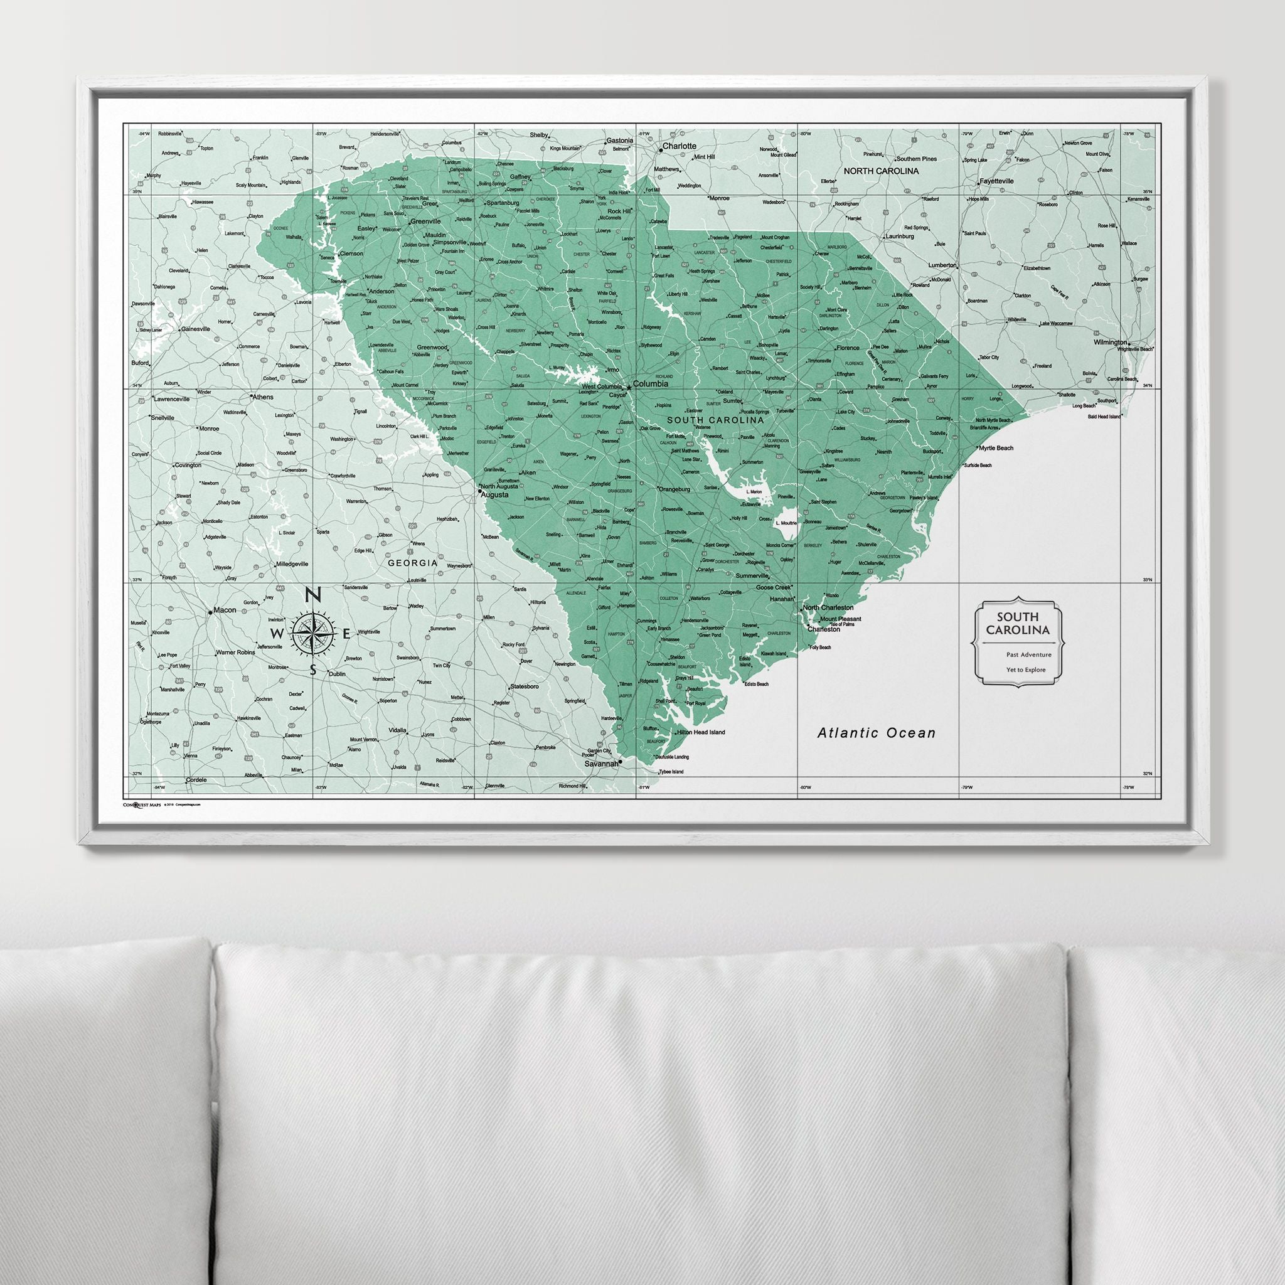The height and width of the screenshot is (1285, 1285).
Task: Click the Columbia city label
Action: click(x=650, y=385)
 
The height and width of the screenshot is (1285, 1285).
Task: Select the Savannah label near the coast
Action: click(x=601, y=764)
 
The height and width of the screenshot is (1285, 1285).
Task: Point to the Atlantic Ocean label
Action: click(x=876, y=733)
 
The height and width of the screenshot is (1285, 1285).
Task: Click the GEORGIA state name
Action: click(x=413, y=563)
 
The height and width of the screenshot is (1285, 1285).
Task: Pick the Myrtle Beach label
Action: click(x=996, y=448)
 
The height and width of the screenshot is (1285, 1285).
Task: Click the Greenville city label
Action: click(x=425, y=221)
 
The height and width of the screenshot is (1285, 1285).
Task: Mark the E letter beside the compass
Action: click(x=346, y=632)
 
